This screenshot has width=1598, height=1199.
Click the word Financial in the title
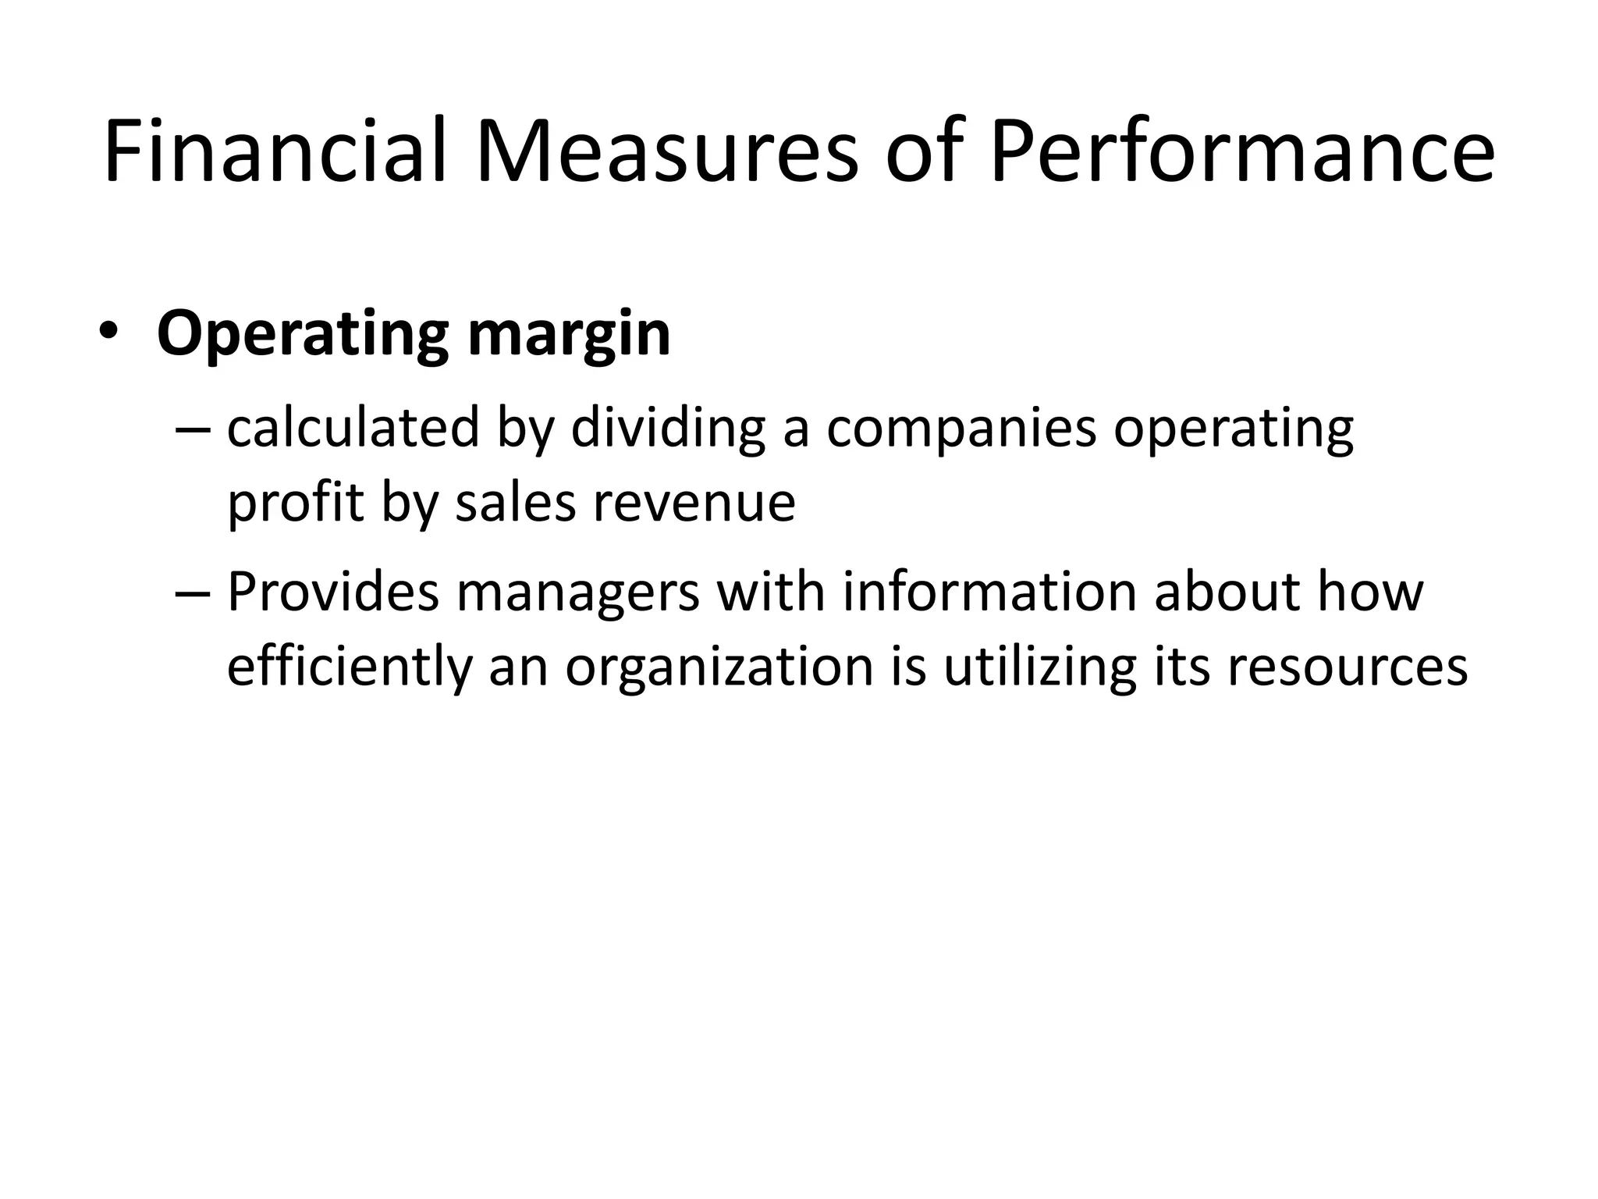[x=275, y=151]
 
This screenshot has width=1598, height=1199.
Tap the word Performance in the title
[x=1242, y=151]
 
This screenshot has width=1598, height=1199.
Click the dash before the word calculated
[x=194, y=429]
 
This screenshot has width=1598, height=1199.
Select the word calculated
[x=353, y=429]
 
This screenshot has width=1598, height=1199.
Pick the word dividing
[x=668, y=429]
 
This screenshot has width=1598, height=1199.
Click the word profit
[x=295, y=503]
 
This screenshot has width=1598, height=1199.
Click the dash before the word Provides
[x=194, y=592]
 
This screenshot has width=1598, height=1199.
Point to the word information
[x=989, y=591]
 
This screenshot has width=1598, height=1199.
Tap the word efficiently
[x=350, y=667]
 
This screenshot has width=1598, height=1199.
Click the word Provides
[x=334, y=591]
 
